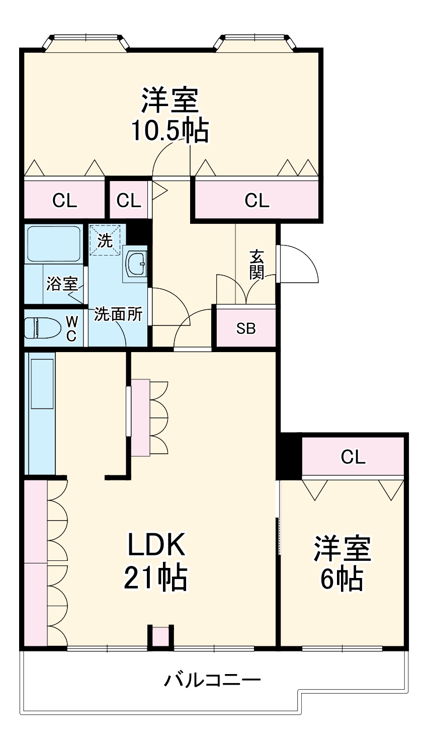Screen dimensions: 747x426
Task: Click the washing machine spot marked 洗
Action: [105, 240]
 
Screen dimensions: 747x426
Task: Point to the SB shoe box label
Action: [246, 328]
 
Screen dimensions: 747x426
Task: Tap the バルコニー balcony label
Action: [213, 681]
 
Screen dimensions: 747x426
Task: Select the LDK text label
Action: [156, 545]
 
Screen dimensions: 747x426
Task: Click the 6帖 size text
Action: [342, 578]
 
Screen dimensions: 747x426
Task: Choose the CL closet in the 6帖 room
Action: [353, 457]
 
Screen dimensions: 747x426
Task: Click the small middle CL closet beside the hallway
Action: [129, 200]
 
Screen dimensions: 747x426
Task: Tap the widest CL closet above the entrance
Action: [257, 200]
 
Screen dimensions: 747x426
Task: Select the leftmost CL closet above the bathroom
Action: [65, 200]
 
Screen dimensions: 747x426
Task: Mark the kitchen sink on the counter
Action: [42, 383]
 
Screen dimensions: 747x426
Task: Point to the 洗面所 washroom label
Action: [118, 315]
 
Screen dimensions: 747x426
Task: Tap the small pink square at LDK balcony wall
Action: [160, 636]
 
